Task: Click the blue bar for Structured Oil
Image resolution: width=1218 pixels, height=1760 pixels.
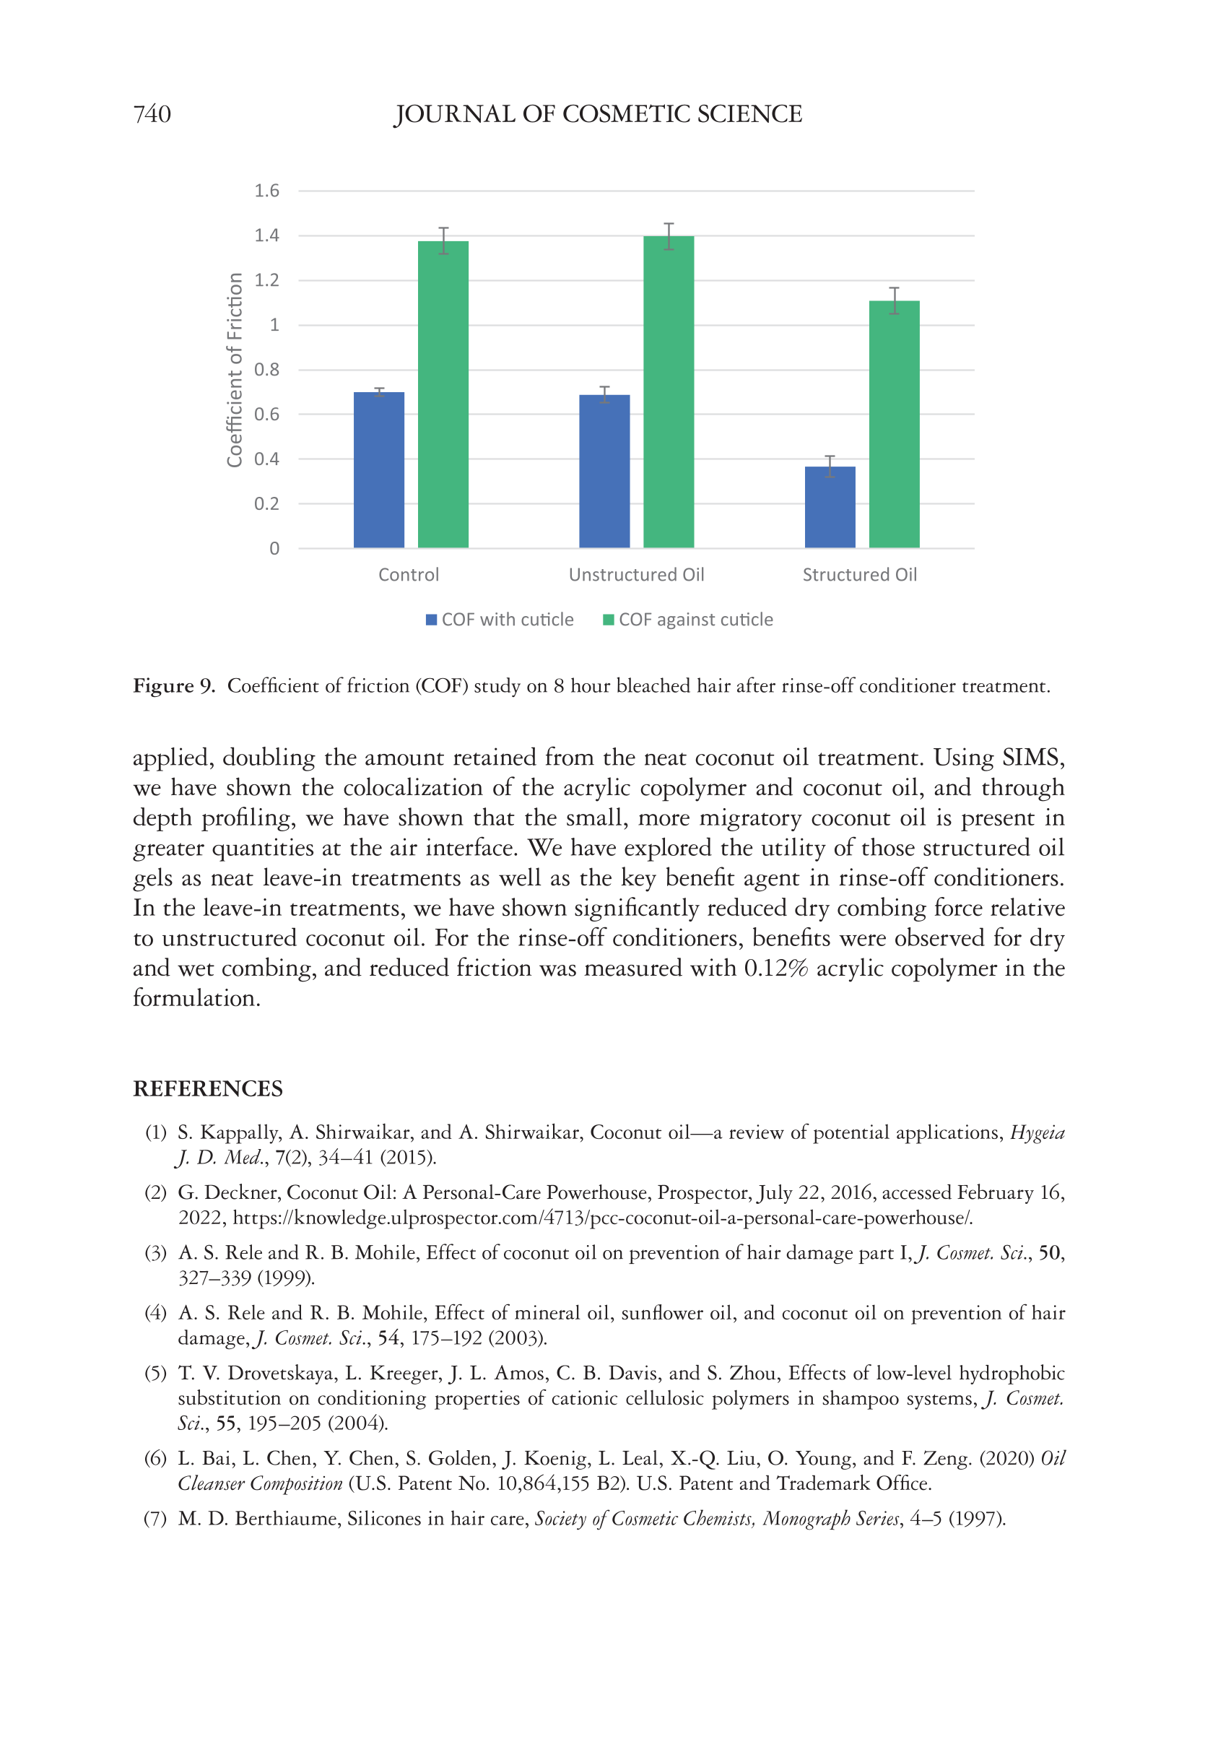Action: pos(830,507)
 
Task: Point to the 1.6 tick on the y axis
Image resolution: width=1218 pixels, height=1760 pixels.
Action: pos(267,191)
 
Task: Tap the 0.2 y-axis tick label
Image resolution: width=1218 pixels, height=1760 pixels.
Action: pos(267,503)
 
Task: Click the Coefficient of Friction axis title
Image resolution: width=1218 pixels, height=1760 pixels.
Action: pos(235,370)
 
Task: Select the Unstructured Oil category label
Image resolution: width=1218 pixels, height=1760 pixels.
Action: pos(637,575)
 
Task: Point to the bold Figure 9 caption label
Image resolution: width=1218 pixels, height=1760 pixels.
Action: pos(174,685)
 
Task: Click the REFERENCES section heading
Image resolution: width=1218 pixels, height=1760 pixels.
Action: pos(208,1088)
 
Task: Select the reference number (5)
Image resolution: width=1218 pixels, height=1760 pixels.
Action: pos(156,1373)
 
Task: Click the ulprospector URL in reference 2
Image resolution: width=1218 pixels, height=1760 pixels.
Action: pos(602,1218)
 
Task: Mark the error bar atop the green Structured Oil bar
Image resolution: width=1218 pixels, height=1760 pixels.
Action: pos(894,300)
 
